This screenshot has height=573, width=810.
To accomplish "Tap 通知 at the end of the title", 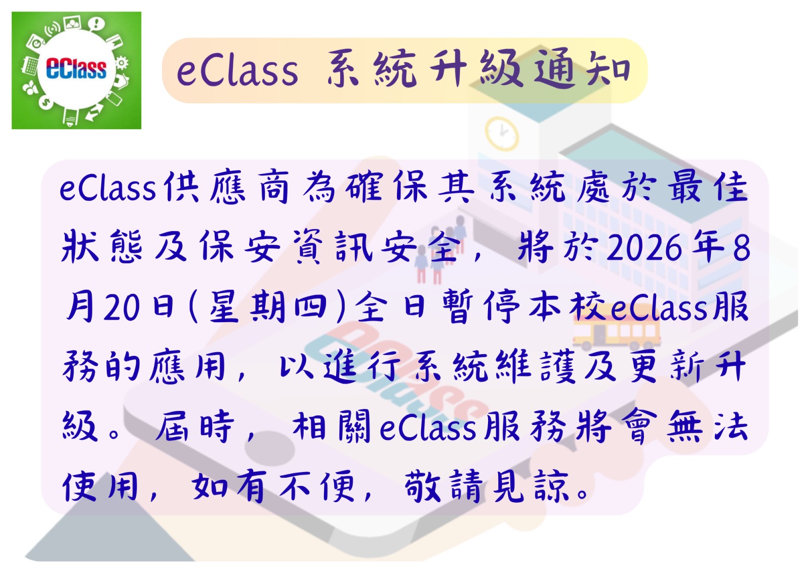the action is [582, 69].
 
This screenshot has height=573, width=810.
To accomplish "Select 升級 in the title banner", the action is [476, 69].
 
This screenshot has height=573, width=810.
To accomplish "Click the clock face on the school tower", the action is [502, 133].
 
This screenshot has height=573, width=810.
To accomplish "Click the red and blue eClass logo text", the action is [76, 69].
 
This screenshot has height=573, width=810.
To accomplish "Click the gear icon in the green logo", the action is [122, 62].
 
